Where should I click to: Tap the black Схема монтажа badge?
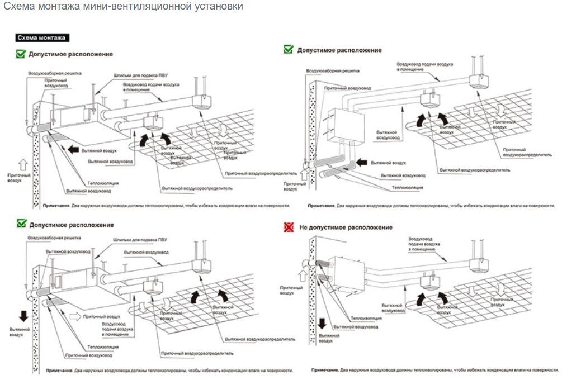pos(42,38)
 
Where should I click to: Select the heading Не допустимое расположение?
pos(346,227)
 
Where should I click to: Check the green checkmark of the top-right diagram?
pos(289,49)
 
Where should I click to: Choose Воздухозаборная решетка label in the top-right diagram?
pos(332,71)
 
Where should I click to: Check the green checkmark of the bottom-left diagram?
pos(21,224)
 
